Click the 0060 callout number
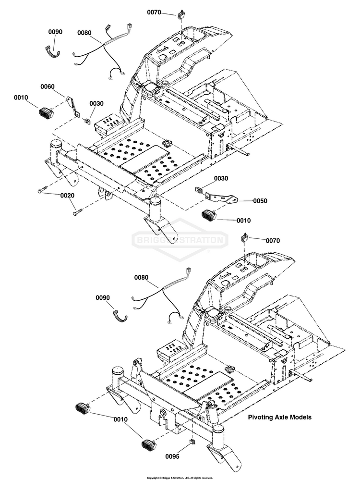pos(47,87)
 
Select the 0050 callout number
pos(260,201)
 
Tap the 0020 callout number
pos(67,196)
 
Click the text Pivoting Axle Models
pos(279,417)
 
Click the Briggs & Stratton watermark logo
pos(180,239)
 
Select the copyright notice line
pos(180,478)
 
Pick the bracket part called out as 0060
pos(73,106)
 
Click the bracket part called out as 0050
pos(221,197)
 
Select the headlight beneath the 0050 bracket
pos(209,215)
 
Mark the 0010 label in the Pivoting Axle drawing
pos(120,419)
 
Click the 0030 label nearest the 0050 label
pos(221,178)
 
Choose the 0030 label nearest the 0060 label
pos(96,103)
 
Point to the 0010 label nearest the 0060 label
pos(21,98)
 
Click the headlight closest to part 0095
pos(148,444)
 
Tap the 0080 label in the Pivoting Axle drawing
pos(141,277)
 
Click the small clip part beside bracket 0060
pos(87,121)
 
